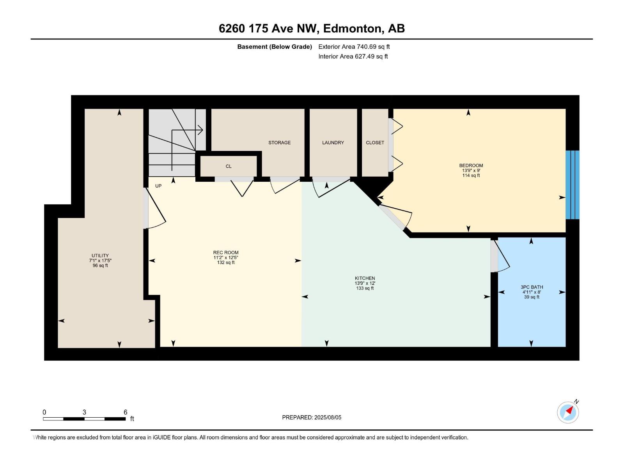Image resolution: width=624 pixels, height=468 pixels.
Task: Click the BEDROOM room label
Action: click(x=471, y=165)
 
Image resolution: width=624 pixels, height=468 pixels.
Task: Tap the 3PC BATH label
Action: click(x=532, y=287)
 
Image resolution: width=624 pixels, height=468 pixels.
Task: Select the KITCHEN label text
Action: click(x=365, y=278)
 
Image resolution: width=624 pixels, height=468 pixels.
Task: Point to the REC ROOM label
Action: click(x=225, y=253)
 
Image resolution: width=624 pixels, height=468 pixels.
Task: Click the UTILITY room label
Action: click(x=100, y=256)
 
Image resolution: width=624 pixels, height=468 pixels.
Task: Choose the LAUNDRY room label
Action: click(x=333, y=143)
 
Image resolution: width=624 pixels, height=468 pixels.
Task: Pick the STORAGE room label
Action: click(x=279, y=143)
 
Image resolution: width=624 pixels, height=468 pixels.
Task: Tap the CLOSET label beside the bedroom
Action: click(x=375, y=143)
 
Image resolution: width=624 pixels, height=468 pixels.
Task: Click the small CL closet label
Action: click(x=229, y=167)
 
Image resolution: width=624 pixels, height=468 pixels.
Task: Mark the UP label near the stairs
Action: click(x=158, y=186)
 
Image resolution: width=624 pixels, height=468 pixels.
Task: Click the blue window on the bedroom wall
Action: click(x=572, y=185)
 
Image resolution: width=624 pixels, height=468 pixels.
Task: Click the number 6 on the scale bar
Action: click(x=125, y=412)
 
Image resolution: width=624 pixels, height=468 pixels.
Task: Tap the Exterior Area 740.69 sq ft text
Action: click(x=354, y=47)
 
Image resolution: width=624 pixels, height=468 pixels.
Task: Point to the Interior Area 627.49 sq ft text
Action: click(x=353, y=57)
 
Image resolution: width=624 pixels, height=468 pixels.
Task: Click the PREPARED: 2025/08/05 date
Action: click(x=312, y=417)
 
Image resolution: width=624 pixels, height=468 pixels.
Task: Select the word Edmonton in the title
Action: click(x=352, y=28)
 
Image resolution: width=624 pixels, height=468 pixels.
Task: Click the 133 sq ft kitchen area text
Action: click(x=365, y=289)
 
